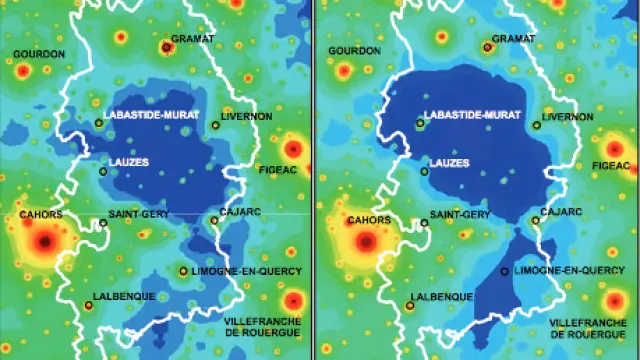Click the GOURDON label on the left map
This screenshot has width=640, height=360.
(40, 53)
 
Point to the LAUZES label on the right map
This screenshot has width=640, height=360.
(450, 161)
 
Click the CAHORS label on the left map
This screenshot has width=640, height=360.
(41, 214)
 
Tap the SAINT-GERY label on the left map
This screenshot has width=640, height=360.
(137, 214)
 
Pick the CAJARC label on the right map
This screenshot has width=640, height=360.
(560, 211)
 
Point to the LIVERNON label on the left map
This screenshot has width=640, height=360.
(246, 117)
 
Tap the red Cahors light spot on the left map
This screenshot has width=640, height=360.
(43, 240)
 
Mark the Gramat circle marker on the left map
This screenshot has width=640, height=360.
(166, 47)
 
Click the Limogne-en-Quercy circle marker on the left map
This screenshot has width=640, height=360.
(182, 271)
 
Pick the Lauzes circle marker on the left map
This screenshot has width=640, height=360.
(102, 171)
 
